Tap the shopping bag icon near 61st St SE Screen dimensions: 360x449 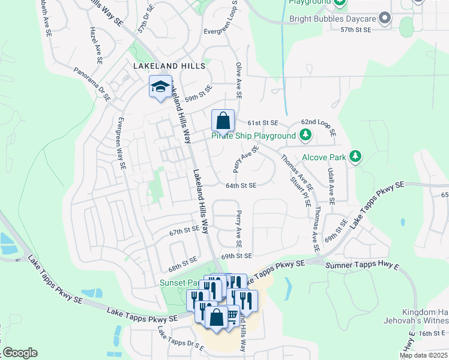pyautogui.click(x=223, y=121)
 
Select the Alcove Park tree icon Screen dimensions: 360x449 pyautogui.click(x=355, y=157)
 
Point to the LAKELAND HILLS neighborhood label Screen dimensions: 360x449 pyautogui.click(x=170, y=65)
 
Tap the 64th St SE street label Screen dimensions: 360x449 pyautogui.click(x=241, y=185)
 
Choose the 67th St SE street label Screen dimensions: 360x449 pyautogui.click(x=184, y=231)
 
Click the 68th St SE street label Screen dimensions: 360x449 pyautogui.click(x=182, y=262)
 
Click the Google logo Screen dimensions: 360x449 pyautogui.click(x=20, y=353)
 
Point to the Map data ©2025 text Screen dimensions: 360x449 pyautogui.click(x=424, y=355)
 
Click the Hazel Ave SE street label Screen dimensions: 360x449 pyautogui.click(x=95, y=45)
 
